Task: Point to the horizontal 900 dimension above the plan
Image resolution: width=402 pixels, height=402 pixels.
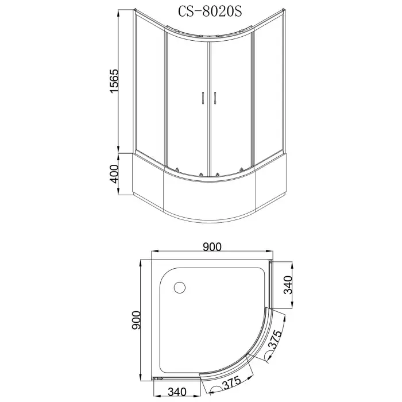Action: point(212,246)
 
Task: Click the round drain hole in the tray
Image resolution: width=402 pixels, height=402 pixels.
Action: point(180,287)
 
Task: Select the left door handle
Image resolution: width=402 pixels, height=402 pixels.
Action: point(203,98)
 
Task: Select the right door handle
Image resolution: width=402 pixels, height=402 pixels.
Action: point(214,98)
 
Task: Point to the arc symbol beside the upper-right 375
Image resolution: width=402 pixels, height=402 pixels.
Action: point(270,357)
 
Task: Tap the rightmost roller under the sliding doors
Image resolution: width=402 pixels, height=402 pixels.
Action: point(242,169)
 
